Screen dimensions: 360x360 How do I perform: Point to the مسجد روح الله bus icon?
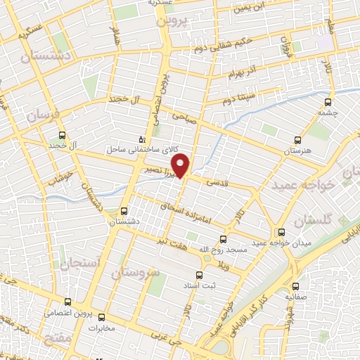pos(224,238)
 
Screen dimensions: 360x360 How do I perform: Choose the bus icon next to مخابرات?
pos(101,317)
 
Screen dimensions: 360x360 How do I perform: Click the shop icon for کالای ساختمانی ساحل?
pos(143,139)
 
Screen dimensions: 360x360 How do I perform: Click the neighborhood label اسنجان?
pos(84,264)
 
